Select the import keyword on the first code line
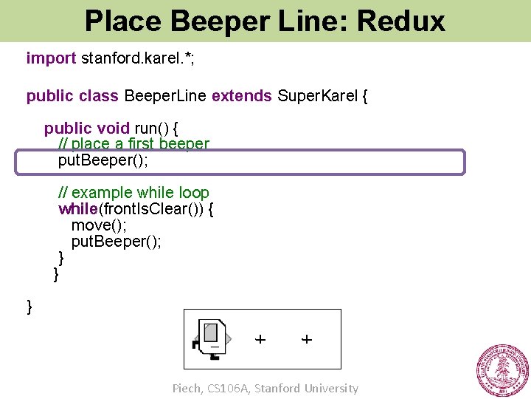click(x=51, y=58)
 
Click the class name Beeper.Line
click(x=166, y=96)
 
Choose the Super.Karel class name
click(x=316, y=96)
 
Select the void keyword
click(x=113, y=129)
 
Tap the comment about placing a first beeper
click(x=133, y=143)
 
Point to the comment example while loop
click(x=133, y=194)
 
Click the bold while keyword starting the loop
click(x=78, y=209)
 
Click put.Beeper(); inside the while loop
click(x=116, y=242)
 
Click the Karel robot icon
click(x=211, y=339)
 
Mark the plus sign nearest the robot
click(x=260, y=339)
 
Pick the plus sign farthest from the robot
click(x=307, y=339)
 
